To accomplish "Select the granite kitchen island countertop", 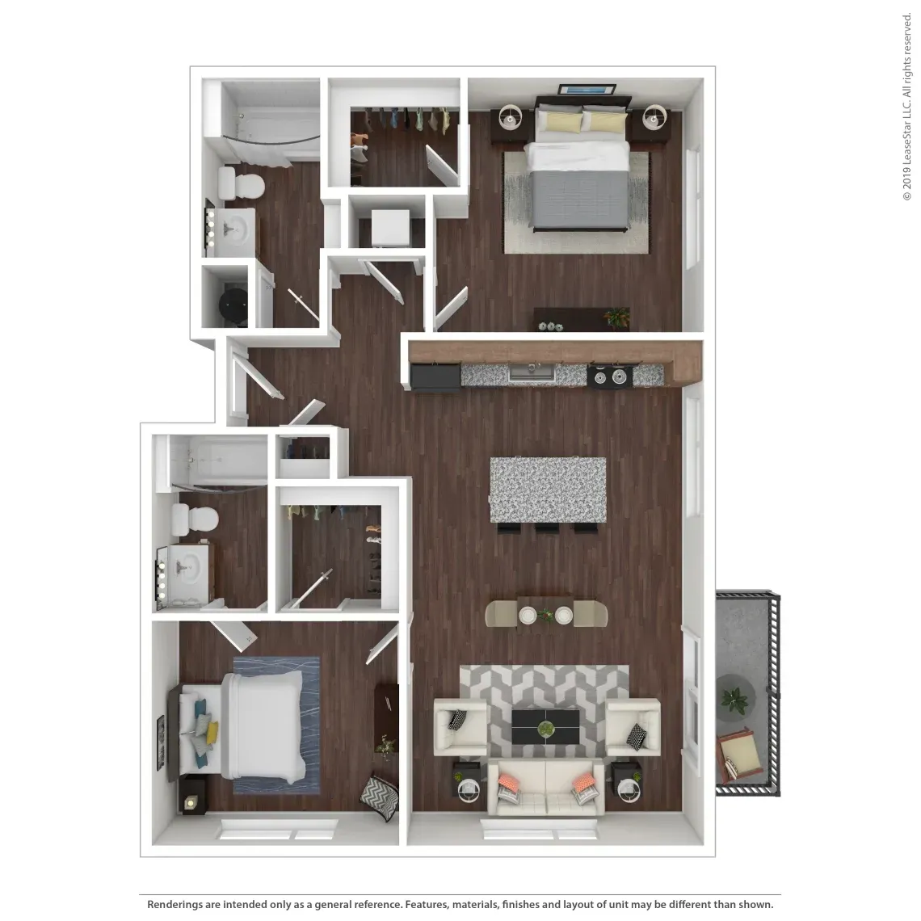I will (548, 490).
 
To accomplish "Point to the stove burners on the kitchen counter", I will (610, 376).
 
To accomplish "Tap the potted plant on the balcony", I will (735, 699).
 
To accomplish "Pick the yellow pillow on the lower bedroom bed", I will (212, 732).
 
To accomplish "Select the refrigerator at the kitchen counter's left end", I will (435, 376).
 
